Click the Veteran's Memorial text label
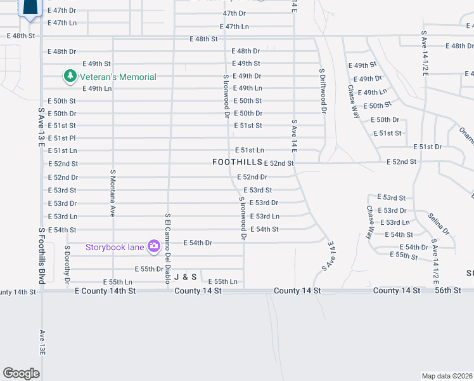pos(117,77)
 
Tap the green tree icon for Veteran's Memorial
pos(69,77)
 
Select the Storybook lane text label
pos(115,246)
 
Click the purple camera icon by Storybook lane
pos(153,246)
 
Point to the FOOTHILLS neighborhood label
pos(238,163)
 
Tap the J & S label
pos(186,277)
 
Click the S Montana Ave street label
pos(113,193)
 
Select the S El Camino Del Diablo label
pos(169,248)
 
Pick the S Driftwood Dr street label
pos(322,91)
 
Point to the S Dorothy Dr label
pos(67,264)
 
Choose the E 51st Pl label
pos(61,138)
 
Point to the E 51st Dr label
pos(428,147)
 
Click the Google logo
pos(21,373)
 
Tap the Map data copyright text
pos(447,376)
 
